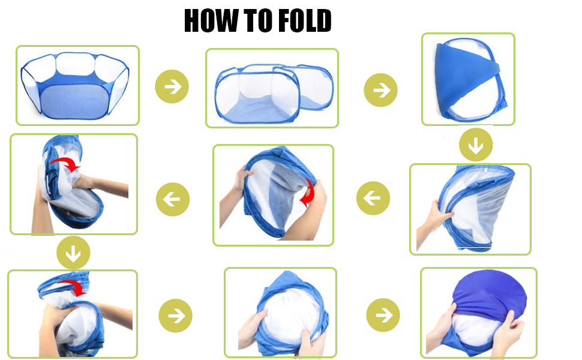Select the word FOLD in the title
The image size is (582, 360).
[x=305, y=22]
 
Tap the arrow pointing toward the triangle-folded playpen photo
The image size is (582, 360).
[x=380, y=89]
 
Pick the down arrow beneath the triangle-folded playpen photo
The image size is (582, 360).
[x=476, y=145]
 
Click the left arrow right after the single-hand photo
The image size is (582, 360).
[x=373, y=198]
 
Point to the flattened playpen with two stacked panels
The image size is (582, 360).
[x=272, y=89]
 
